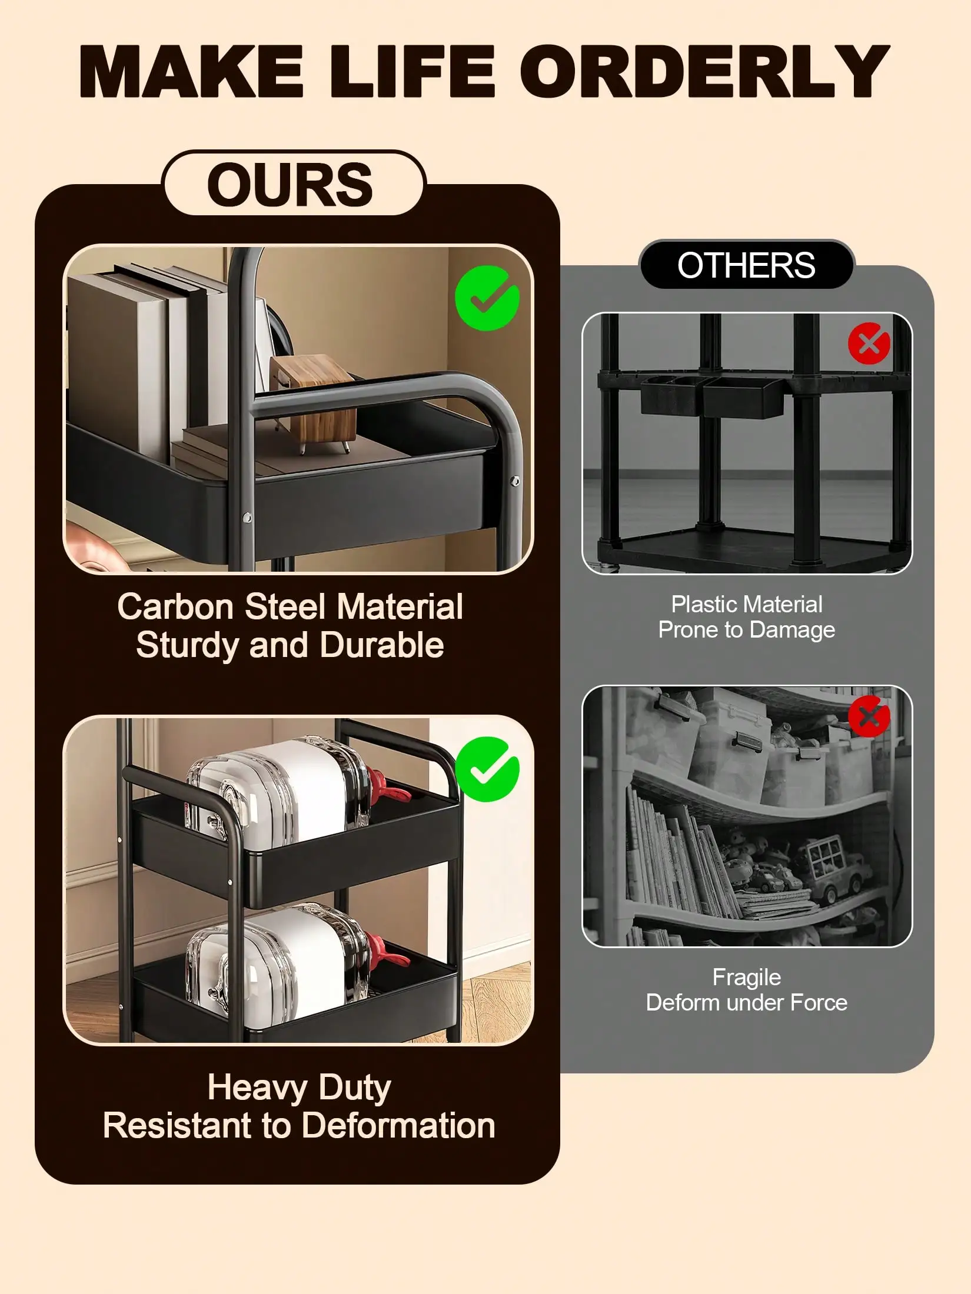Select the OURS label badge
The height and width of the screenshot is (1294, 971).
[292, 184]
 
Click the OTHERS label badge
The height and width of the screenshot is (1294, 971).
[746, 265]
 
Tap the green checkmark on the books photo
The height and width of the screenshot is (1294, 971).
[487, 298]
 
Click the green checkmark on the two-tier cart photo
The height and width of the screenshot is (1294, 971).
[487, 769]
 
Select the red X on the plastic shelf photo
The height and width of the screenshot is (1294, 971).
[869, 343]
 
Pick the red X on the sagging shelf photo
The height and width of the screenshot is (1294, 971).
[869, 716]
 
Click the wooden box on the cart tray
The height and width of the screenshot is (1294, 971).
[314, 403]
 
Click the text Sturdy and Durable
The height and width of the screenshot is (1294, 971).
[290, 645]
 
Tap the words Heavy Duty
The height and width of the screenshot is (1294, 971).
[299, 1088]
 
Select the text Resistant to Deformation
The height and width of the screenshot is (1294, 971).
[299, 1126]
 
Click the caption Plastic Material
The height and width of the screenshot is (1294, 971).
[747, 604]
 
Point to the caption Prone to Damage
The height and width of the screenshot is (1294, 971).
[747, 630]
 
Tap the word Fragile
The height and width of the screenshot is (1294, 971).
[747, 978]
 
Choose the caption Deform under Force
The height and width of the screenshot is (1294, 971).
[747, 1003]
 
